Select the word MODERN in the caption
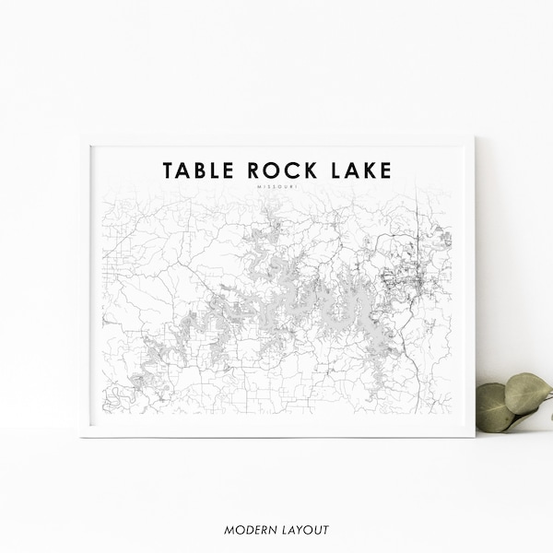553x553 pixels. pyautogui.click(x=248, y=529)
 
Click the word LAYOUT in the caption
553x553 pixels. pyautogui.click(x=303, y=529)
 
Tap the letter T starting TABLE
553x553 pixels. pyautogui.click(x=169, y=171)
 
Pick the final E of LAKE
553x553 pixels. pyautogui.click(x=385, y=171)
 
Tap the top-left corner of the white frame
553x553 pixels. pyautogui.click(x=82, y=136)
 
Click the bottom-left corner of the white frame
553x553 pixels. pyautogui.click(x=82, y=435)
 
